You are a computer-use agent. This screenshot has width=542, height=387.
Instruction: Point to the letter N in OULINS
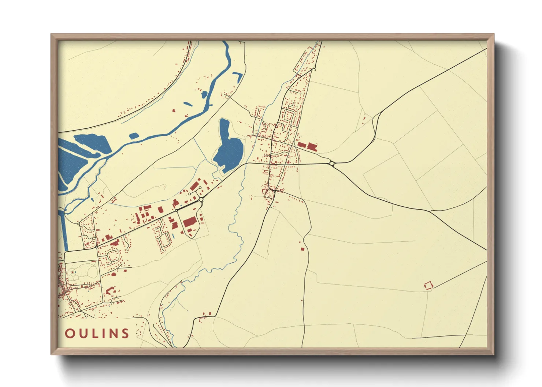(x=113, y=333)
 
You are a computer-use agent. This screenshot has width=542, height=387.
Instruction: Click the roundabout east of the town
(x=332, y=164)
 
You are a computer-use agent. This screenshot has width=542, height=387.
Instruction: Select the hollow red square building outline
(x=428, y=285)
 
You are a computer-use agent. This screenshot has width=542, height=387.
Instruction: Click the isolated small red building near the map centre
(x=302, y=249)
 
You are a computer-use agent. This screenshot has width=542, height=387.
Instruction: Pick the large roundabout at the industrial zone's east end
(x=201, y=199)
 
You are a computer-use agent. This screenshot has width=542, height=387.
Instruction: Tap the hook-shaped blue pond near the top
(x=238, y=76)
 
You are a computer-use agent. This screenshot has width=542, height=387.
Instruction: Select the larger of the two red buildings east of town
(x=311, y=147)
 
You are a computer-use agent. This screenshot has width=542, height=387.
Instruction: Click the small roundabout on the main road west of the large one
(x=176, y=210)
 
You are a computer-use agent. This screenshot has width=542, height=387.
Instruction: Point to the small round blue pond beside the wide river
(x=204, y=95)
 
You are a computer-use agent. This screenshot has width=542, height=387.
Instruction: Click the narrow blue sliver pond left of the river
(x=188, y=104)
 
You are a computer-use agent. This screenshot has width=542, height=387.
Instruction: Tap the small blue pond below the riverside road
(x=134, y=136)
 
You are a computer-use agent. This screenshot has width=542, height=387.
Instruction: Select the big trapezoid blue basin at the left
(x=92, y=143)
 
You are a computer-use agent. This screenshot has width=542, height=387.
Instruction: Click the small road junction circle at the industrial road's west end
(x=96, y=247)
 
